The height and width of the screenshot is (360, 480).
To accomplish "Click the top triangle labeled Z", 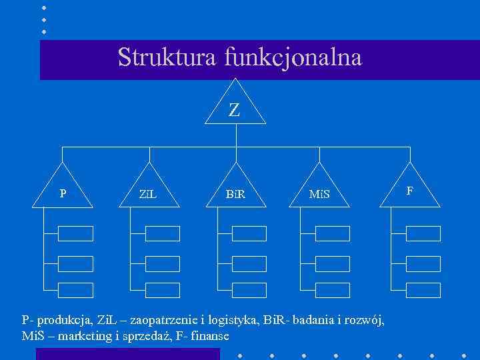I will pos(235,107).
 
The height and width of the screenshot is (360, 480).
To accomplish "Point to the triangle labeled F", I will pos(410,189).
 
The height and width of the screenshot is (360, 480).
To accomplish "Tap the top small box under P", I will pos(75,233).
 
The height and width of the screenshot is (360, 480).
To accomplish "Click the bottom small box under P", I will pos(75,290).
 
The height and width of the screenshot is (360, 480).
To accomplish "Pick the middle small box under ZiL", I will pos(163,263).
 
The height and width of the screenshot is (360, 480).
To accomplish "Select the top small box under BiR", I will pos(249,233).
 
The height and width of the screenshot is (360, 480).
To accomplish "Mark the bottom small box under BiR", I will pos(249,290).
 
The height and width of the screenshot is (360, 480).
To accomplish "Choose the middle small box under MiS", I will pos(332,263).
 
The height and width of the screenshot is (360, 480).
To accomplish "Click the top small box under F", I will pos(423,233).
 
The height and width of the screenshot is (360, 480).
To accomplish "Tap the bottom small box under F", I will pos(423,290).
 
